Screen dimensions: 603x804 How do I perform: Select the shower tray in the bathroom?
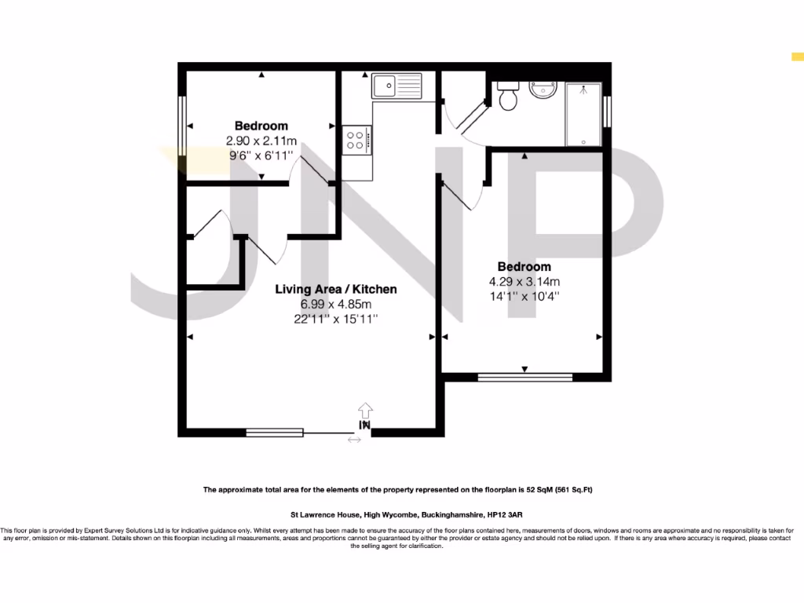pos(583,114)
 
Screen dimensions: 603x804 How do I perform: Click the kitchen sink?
pos(397,85)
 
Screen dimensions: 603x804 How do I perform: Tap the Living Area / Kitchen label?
pos(335,289)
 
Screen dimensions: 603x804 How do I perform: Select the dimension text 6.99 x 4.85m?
pos(335,304)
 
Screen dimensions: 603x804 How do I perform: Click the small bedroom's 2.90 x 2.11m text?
pos(261,141)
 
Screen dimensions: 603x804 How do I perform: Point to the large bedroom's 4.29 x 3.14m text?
pos(524,282)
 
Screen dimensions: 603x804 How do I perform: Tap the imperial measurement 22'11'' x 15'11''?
pos(335,319)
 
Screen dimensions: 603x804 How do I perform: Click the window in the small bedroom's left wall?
pos(182,126)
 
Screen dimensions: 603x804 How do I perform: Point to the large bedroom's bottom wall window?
pos(524,377)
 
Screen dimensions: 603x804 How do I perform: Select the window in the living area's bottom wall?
pos(274,432)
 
